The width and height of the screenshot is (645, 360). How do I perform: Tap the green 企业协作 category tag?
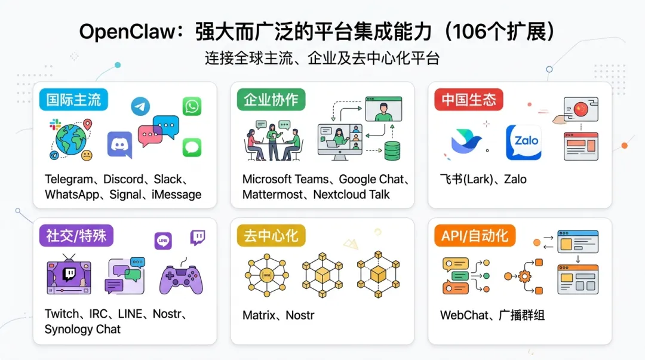pos(271,100)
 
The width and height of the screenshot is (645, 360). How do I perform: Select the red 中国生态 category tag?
pos(468,100)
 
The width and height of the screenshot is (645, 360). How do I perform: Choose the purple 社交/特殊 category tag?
pos(76,236)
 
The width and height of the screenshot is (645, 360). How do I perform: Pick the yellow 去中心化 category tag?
pos(271,236)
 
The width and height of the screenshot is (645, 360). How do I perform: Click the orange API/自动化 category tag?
pos(474,236)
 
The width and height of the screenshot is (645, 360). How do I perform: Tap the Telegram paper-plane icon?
pos(140,107)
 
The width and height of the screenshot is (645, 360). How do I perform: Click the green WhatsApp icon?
pos(192,106)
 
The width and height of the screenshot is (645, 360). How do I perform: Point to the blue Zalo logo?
pos(523,142)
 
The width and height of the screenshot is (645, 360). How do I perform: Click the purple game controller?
pos(182,277)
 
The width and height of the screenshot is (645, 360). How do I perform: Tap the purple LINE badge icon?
pos(163,241)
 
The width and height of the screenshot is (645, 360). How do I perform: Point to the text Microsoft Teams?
pos(285,179)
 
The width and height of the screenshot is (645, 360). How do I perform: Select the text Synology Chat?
pos(82,329)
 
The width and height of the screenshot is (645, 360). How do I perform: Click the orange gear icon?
pos(524,276)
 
